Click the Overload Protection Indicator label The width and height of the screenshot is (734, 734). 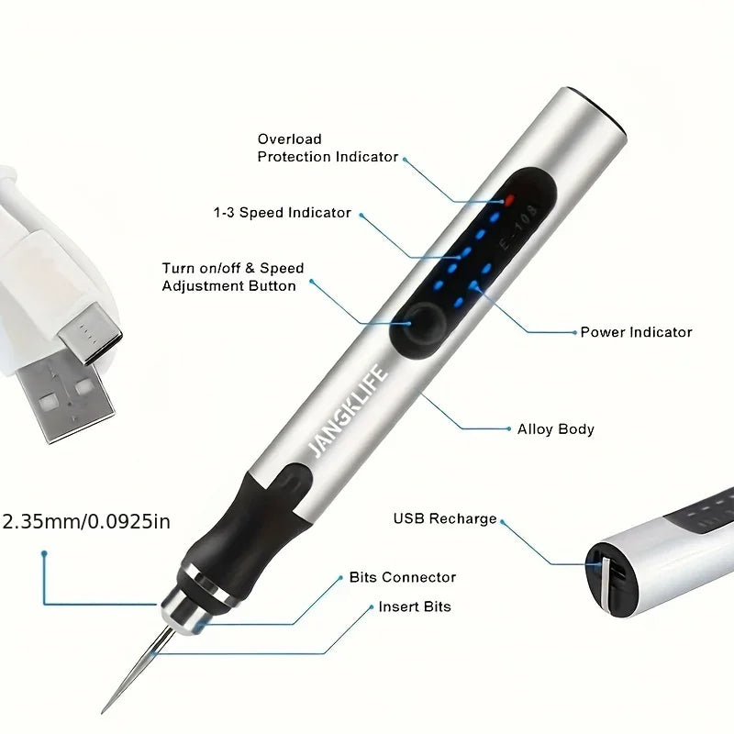[x=328, y=148]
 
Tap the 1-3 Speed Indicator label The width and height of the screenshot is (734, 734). [x=282, y=213]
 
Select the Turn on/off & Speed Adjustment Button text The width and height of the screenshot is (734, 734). [x=232, y=277]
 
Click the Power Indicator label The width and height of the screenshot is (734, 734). [x=636, y=332]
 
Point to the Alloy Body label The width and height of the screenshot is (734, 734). [x=556, y=428]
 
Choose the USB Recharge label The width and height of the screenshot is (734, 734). [x=445, y=518]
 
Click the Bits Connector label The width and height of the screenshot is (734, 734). [x=402, y=577]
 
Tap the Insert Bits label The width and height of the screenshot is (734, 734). [x=414, y=606]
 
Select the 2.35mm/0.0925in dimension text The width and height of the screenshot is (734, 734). [x=86, y=522]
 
